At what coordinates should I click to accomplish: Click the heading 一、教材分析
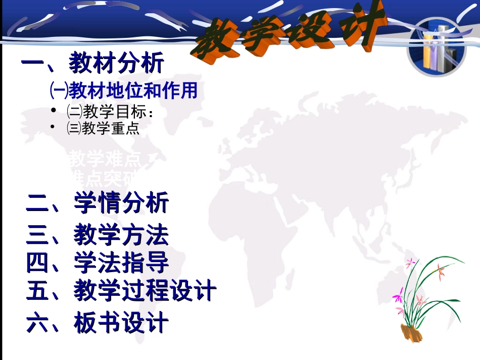93,64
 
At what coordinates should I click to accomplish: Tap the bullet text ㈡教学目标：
109,112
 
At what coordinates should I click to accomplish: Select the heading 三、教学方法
98,235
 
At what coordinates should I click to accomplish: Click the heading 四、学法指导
98,263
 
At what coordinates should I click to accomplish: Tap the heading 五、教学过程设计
121,291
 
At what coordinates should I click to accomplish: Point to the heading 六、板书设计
98,323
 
